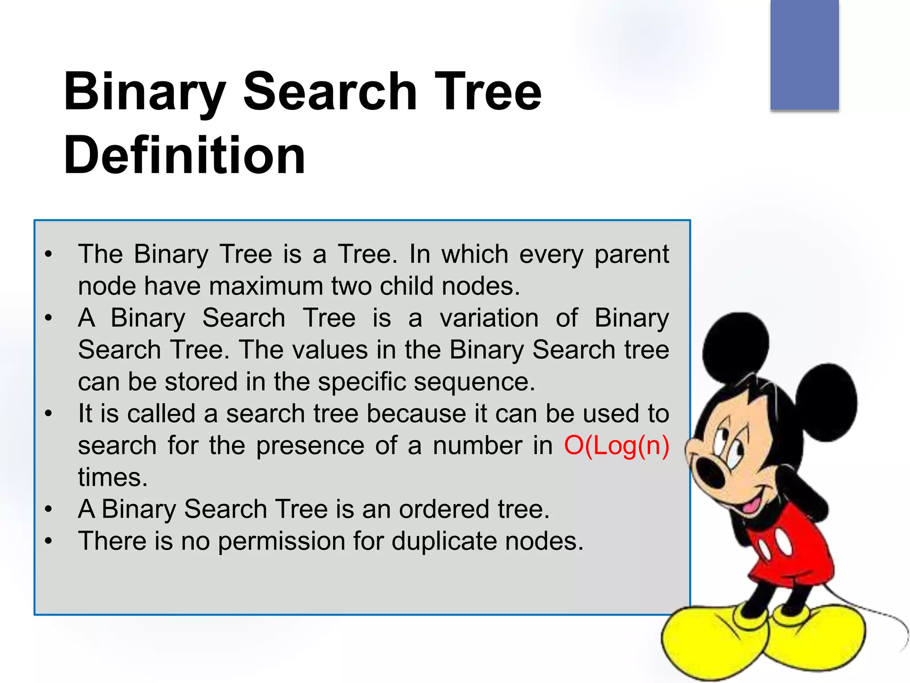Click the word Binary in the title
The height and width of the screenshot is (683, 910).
[144, 92]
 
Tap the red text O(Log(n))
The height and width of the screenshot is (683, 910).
[616, 446]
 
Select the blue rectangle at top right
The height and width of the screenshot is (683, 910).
[804, 54]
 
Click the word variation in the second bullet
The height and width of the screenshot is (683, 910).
[489, 318]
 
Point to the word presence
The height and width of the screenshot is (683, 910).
[310, 446]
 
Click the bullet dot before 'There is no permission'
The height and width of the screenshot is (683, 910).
[48, 541]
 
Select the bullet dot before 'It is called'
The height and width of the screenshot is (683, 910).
[48, 414]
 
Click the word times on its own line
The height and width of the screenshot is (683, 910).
[112, 478]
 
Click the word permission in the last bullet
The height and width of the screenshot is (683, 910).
[281, 542]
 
